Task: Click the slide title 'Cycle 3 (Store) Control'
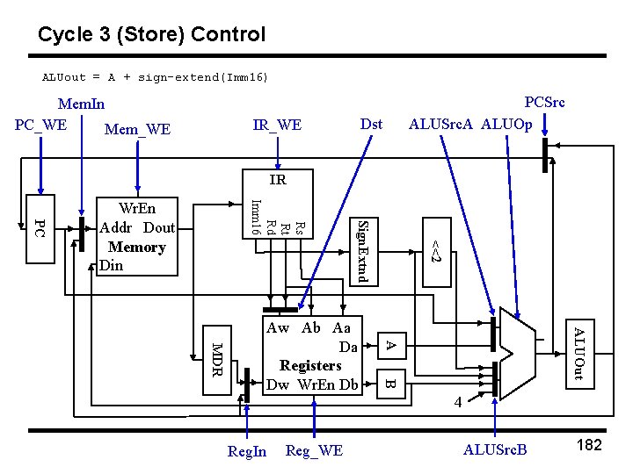coord(151,35)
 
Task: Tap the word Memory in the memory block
coord(136,247)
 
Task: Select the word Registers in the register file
coord(310,365)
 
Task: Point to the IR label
coord(278,181)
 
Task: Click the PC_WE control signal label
coord(40,124)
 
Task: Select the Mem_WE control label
coord(137,130)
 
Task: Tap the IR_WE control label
coord(277,126)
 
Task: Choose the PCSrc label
coord(544,102)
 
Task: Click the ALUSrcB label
coord(495,450)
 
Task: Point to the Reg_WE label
coord(315,451)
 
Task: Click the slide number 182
coord(588,445)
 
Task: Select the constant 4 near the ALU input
coord(457,402)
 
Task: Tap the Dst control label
coord(371,124)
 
